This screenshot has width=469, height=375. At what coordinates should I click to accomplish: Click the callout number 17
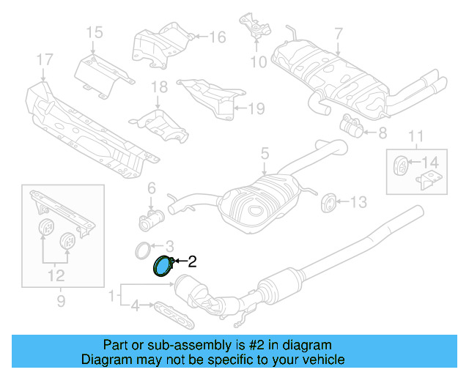click(x=45, y=59)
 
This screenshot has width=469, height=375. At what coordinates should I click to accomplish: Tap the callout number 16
click(x=218, y=37)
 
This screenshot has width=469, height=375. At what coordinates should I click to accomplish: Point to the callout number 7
click(x=338, y=33)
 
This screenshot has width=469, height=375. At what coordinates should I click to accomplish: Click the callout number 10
click(x=258, y=62)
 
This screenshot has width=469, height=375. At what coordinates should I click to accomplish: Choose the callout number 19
click(x=255, y=109)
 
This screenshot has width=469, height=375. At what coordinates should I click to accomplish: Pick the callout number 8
click(x=382, y=133)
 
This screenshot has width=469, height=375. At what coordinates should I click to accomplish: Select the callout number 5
click(x=265, y=154)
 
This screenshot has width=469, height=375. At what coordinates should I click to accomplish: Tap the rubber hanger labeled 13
click(x=329, y=201)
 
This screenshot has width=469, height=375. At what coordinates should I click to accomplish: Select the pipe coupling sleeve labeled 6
click(x=152, y=218)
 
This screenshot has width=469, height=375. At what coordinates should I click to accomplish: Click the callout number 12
click(x=56, y=275)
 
